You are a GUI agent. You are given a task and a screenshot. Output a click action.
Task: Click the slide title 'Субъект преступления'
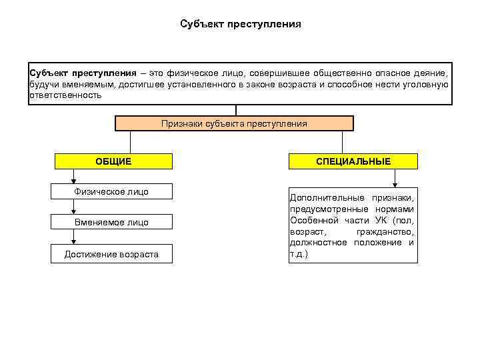click(240, 24)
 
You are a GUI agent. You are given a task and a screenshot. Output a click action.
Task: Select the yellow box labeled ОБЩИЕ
click(113, 161)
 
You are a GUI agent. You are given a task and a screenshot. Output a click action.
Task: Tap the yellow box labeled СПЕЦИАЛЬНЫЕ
click(353, 161)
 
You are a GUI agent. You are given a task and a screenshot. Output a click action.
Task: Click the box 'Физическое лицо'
click(111, 192)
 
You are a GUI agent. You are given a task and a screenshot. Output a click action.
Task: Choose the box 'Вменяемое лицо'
click(111, 223)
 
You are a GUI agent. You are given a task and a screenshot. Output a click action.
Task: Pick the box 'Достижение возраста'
click(111, 254)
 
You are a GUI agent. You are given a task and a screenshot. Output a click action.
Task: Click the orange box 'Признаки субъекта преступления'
click(234, 123)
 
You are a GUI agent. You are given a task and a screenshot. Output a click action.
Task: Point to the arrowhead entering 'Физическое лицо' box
click(74, 180)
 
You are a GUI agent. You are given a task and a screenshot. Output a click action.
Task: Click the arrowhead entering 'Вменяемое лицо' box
click(74, 211)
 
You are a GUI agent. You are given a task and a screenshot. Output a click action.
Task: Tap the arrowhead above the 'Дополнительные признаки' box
click(395, 183)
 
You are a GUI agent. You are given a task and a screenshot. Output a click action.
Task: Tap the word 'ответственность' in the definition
click(65, 95)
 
